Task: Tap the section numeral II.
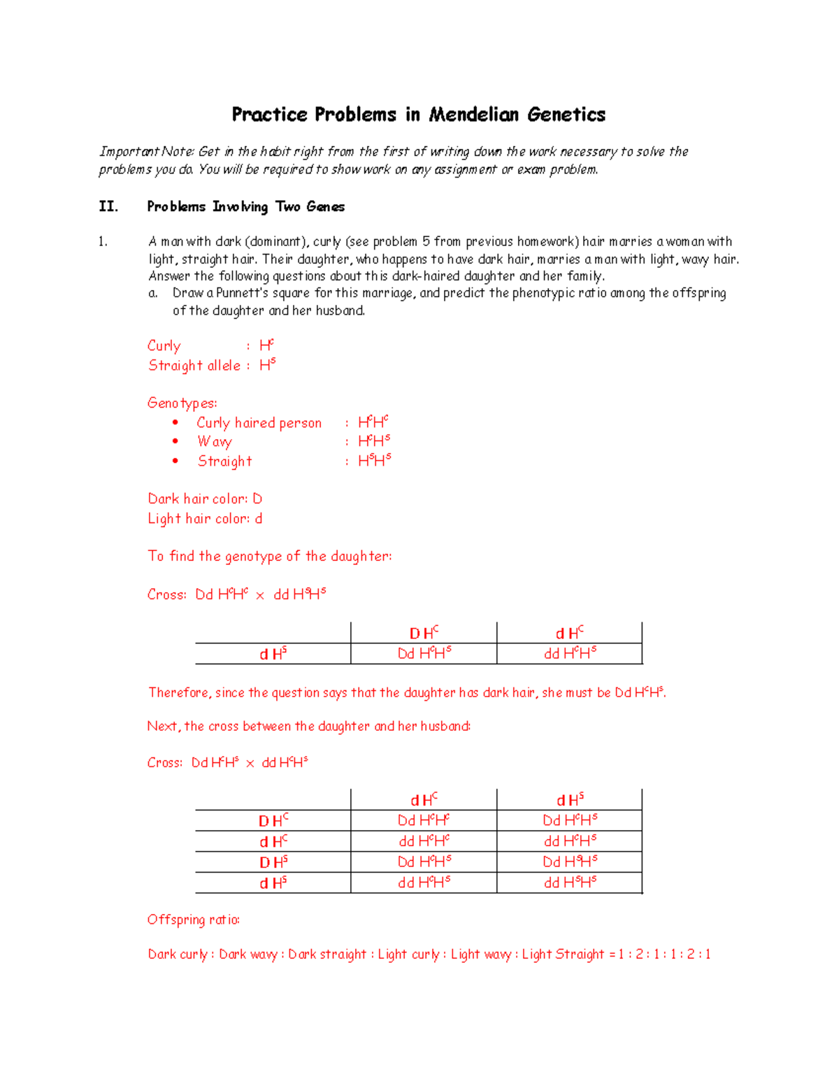[x=108, y=206]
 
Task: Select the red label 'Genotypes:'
[x=182, y=403]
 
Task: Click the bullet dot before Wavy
[x=175, y=441]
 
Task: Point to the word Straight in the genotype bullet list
[x=224, y=461]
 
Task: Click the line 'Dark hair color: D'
[x=205, y=499]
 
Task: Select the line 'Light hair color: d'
[x=205, y=518]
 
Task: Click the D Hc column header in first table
[x=424, y=633]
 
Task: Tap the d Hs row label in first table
[x=273, y=654]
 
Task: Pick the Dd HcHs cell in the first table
[x=424, y=653]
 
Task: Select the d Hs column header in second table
[x=570, y=799]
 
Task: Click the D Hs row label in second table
[x=273, y=862]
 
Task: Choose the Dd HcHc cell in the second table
[x=424, y=820]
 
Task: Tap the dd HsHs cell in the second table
[x=570, y=883]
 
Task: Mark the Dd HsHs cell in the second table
[x=570, y=862]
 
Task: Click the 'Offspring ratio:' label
[x=193, y=920]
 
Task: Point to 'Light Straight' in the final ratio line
[x=563, y=954]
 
